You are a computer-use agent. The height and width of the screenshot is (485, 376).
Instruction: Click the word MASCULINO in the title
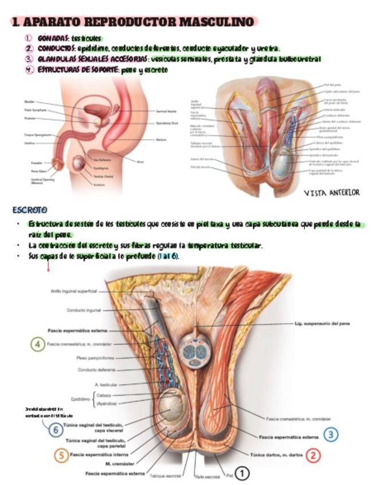coord(216,22)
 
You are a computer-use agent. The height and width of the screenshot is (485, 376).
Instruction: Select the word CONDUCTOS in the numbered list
coord(56,48)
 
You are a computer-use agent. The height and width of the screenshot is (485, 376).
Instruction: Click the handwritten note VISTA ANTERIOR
coord(332,193)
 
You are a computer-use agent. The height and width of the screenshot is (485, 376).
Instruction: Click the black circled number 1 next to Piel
coord(242,474)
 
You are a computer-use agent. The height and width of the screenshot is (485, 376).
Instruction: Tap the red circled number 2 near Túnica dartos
coord(313,455)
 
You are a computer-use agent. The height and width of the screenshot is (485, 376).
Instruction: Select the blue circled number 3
coord(331,435)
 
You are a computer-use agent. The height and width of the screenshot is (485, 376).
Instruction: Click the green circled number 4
coord(37,344)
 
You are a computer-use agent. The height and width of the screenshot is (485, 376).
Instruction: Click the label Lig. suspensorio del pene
coord(322,324)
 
